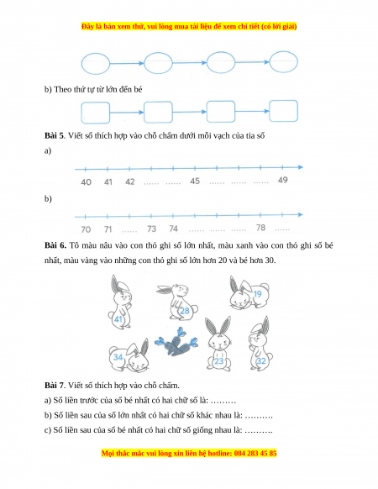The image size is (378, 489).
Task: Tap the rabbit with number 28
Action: pos(178,302)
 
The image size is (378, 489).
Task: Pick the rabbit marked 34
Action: pos(129,355)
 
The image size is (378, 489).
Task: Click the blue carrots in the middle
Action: pos(176,342)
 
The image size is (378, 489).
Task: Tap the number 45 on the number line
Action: pos(195,181)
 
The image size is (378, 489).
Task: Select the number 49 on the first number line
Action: pos(282,180)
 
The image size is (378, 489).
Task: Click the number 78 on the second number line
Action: pos(260,228)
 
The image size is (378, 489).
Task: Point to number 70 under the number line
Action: pos(86,229)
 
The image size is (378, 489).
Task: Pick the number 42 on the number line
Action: pos(129,181)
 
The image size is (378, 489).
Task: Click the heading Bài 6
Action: pos(55,245)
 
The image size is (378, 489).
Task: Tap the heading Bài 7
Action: pos(55,386)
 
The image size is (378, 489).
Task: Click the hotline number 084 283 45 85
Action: pos(255,453)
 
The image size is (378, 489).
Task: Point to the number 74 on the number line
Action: pos(173,229)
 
